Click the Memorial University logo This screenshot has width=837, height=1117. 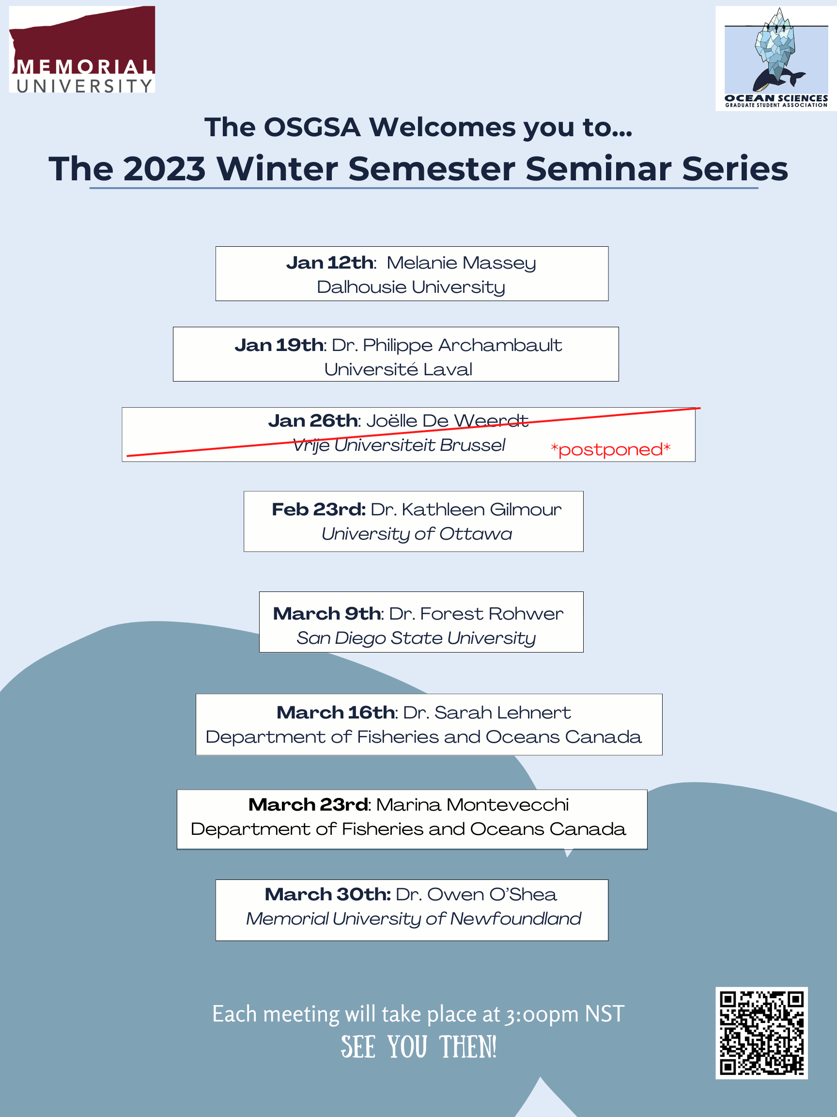click(x=82, y=49)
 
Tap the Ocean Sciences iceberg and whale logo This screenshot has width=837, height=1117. click(x=776, y=58)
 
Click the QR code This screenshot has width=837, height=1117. click(x=761, y=1033)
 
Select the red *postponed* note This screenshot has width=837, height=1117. click(x=610, y=449)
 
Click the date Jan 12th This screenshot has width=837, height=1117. click(x=330, y=263)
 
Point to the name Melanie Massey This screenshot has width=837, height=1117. click(x=461, y=263)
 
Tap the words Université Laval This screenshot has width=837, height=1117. click(x=398, y=369)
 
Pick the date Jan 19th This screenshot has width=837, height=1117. click(x=279, y=345)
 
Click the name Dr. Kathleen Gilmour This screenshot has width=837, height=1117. click(x=465, y=510)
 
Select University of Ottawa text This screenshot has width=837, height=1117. click(x=417, y=534)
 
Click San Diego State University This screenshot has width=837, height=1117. click(x=416, y=638)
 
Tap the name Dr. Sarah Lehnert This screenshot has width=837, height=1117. click(x=487, y=713)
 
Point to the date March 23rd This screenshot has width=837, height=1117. click(x=308, y=804)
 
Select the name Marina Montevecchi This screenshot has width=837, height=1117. click(x=472, y=804)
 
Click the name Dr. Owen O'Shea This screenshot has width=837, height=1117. click(x=476, y=894)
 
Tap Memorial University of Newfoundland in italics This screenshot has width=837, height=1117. click(x=413, y=919)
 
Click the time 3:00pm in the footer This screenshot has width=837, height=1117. click(x=542, y=1015)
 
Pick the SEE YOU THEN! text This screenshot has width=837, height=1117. click(x=418, y=1047)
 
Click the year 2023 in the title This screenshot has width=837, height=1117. click(x=165, y=168)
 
